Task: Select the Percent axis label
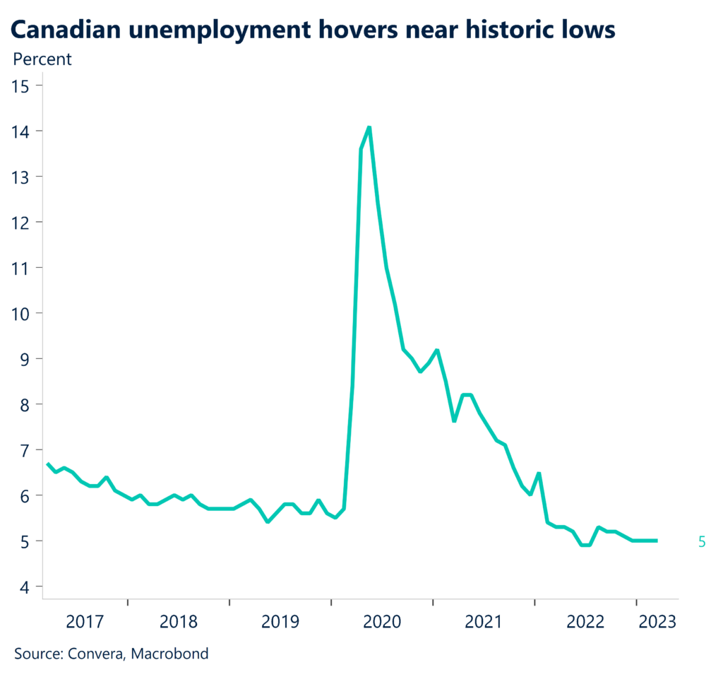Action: click(42, 59)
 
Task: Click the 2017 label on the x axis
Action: click(85, 622)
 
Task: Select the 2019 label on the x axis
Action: click(281, 622)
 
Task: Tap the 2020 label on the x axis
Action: click(382, 622)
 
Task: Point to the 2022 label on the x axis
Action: click(585, 622)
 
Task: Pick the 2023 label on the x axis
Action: click(657, 622)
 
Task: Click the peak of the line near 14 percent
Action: click(369, 127)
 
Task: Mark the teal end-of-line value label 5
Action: click(702, 542)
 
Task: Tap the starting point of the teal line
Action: click(47, 464)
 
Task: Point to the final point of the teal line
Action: click(657, 541)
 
